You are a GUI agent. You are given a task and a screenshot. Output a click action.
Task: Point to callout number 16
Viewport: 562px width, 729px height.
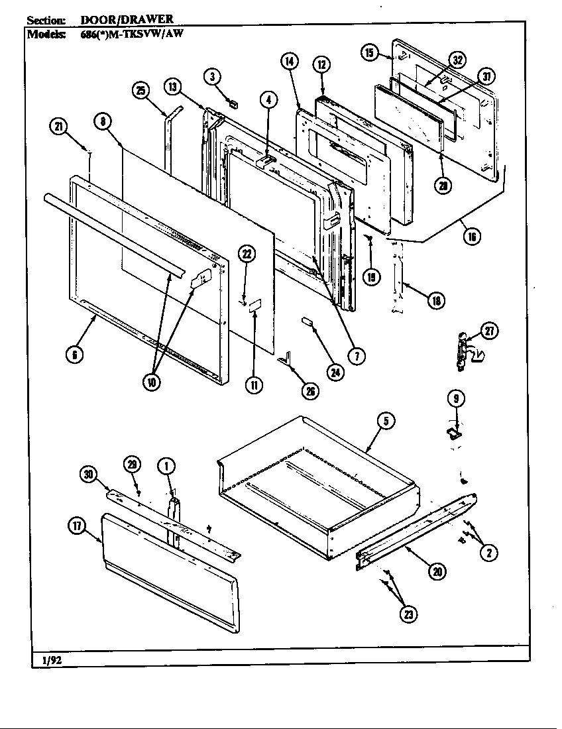(471, 236)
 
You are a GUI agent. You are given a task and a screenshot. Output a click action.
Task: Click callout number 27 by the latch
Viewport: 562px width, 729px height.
(489, 331)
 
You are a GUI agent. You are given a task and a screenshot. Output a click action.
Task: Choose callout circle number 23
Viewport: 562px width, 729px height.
(408, 614)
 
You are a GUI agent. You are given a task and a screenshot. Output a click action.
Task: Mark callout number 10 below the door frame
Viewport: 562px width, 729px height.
(153, 384)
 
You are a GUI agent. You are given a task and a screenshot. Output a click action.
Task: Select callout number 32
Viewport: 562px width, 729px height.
(457, 60)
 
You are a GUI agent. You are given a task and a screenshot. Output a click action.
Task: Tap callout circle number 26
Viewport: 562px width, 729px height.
(308, 391)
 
